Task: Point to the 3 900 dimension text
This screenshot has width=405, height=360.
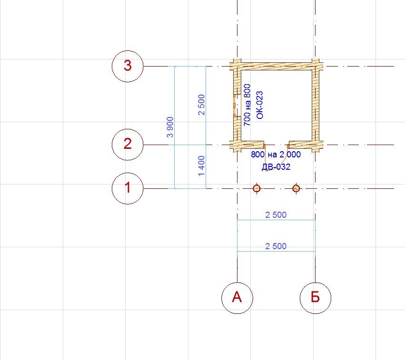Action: [170, 127]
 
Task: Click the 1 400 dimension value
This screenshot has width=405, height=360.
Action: [202, 165]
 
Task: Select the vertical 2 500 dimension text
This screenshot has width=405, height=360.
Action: [202, 105]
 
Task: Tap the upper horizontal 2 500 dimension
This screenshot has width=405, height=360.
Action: [276, 214]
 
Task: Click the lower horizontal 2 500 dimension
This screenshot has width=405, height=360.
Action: [276, 246]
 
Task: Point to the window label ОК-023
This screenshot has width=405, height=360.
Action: [259, 105]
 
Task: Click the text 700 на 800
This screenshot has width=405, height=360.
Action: [247, 105]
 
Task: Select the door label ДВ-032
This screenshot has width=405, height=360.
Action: [276, 167]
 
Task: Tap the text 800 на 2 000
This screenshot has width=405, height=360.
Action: [276, 155]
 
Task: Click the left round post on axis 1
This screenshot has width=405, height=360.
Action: [257, 188]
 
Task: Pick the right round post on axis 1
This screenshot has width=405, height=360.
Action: [296, 188]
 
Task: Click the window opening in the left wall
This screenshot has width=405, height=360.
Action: [235, 105]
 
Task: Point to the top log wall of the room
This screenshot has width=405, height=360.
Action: [276, 66]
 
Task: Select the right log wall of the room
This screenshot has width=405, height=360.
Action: [316, 105]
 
